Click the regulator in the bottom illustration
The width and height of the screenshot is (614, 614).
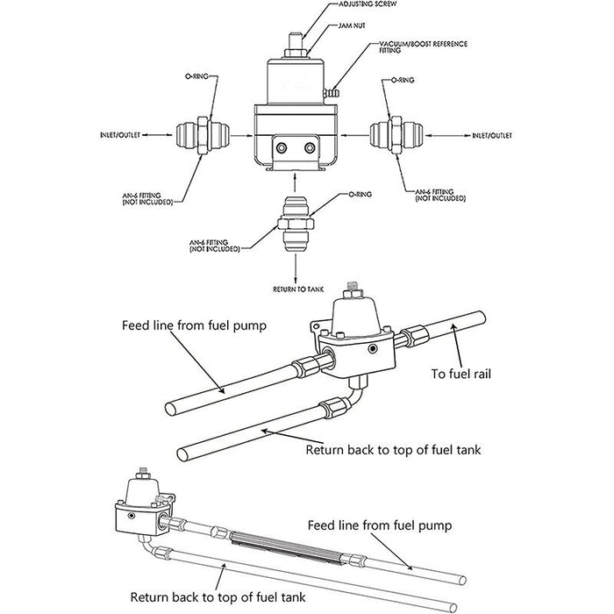pyautogui.click(x=140, y=500)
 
